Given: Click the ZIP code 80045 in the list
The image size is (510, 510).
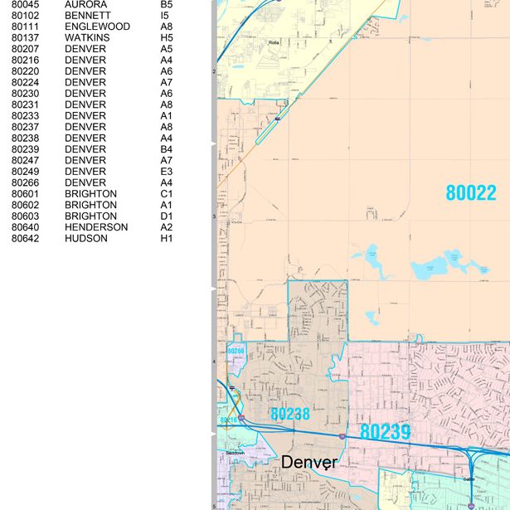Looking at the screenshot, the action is click(25, 4).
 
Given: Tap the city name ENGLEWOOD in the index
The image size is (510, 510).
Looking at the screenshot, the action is click(97, 27).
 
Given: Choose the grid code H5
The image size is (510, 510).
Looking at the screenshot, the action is click(167, 38).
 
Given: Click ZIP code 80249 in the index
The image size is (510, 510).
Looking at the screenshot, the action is click(25, 172).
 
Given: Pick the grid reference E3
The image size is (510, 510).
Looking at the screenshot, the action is click(167, 172).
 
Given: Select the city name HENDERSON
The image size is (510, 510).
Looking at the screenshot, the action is click(96, 227).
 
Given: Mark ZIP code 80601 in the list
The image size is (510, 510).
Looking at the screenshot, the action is click(25, 194).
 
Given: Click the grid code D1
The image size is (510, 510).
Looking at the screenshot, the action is click(167, 216).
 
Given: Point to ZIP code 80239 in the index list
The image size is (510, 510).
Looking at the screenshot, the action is click(25, 149).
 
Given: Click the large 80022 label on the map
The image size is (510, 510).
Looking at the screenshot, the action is click(471, 193).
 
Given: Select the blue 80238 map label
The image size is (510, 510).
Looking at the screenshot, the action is click(289, 413).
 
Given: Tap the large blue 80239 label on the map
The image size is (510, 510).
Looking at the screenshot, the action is click(385, 432).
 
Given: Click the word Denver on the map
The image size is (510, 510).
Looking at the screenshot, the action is click(309, 462).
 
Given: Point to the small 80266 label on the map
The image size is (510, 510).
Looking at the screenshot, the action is click(236, 352).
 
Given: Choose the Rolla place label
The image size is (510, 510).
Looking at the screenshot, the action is click(274, 42).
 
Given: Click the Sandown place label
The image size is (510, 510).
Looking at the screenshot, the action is click(236, 453).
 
